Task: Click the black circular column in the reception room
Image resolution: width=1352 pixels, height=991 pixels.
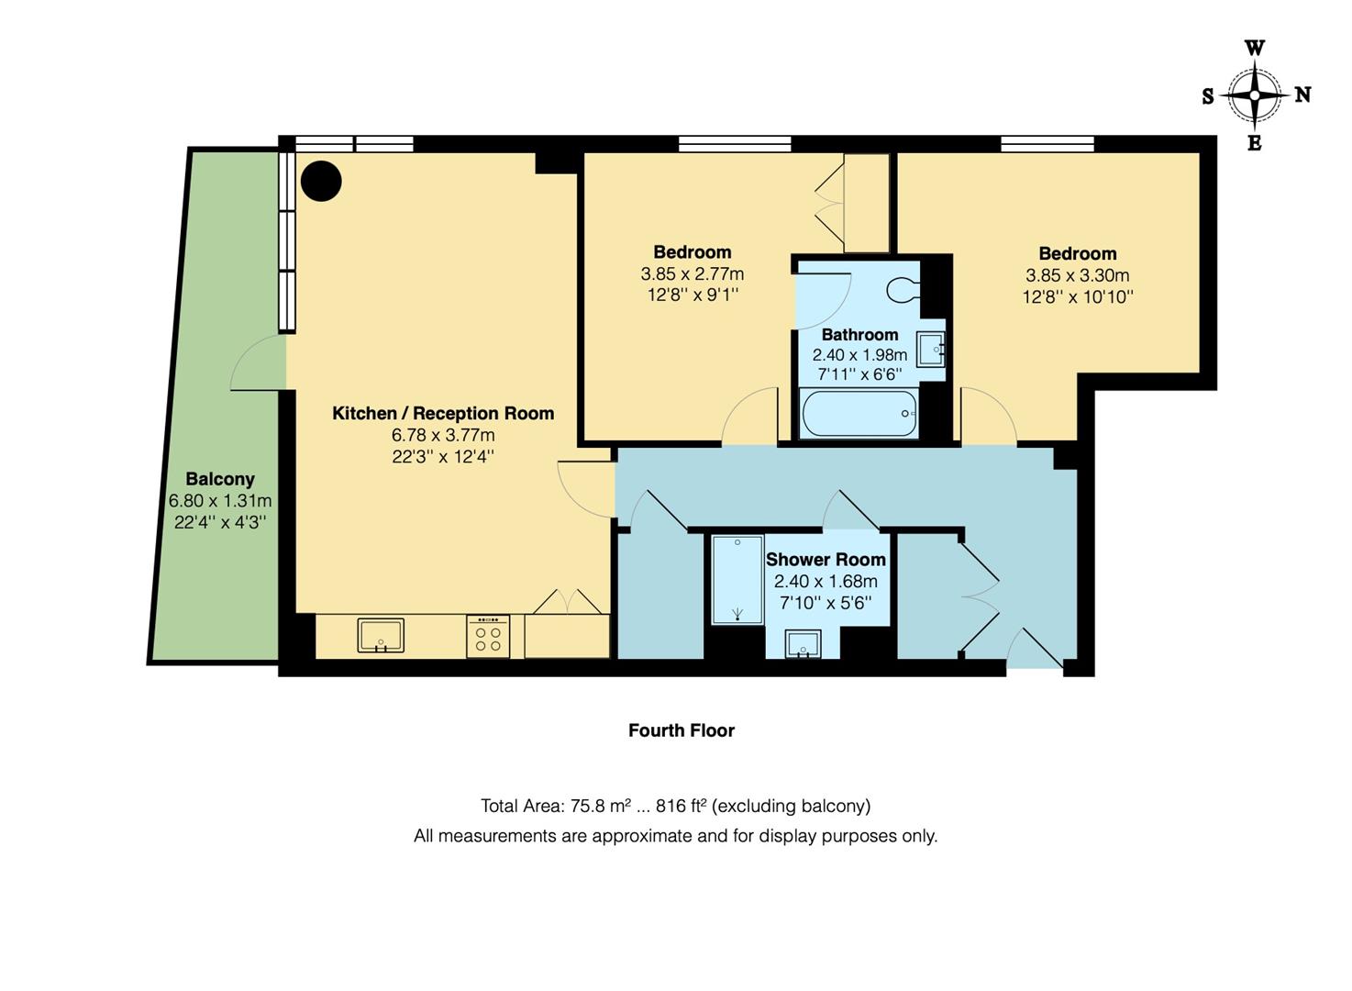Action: click(x=321, y=181)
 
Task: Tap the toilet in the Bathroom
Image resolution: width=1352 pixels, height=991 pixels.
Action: click(x=903, y=290)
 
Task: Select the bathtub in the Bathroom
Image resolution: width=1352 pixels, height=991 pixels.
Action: click(x=859, y=413)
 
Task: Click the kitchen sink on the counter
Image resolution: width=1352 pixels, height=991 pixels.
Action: click(x=381, y=635)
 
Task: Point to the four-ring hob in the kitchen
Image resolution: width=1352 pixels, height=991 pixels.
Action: click(x=488, y=636)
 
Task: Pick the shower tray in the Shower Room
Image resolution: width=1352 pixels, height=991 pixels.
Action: click(x=737, y=580)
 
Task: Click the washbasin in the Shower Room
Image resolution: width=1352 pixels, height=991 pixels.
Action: click(x=803, y=644)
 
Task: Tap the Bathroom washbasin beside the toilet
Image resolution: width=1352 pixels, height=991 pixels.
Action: click(x=931, y=349)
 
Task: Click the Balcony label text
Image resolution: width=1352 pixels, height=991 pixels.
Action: click(x=220, y=479)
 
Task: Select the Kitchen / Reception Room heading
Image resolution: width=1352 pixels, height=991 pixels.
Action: click(x=443, y=413)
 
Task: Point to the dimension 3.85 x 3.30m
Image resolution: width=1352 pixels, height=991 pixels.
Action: click(x=1078, y=275)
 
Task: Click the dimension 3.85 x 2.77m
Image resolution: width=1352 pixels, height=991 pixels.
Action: click(x=693, y=273)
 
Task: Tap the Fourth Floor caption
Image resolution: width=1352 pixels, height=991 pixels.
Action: click(x=682, y=730)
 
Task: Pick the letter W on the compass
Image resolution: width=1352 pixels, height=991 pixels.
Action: click(x=1255, y=49)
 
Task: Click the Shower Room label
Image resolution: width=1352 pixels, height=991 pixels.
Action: click(x=826, y=559)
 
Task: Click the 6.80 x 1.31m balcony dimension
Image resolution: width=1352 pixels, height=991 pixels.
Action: click(x=220, y=501)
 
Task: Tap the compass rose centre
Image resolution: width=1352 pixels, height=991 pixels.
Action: click(x=1255, y=95)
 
